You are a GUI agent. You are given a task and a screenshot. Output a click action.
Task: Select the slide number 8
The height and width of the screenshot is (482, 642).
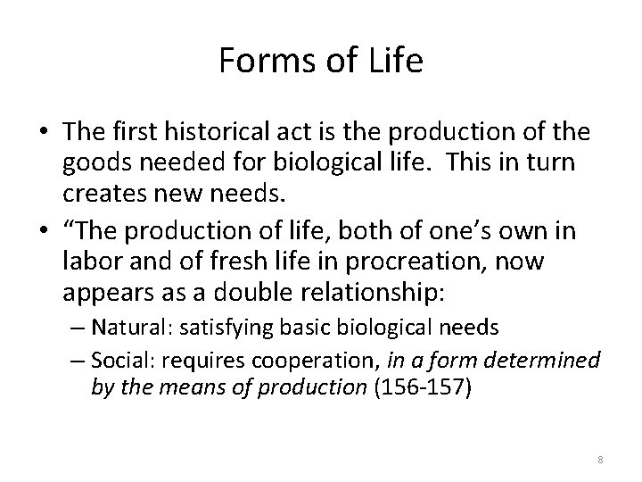tap(600, 458)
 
